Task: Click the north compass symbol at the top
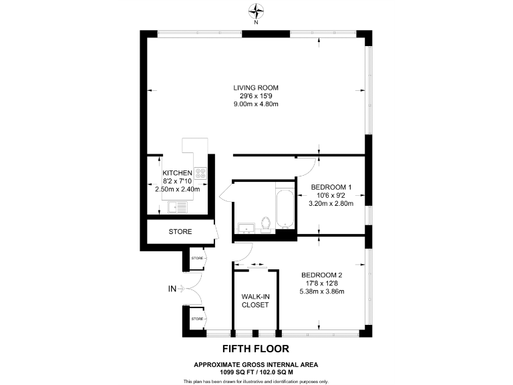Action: pos(256,11)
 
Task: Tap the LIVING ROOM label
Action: pos(256,88)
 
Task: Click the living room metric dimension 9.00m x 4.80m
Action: pos(256,104)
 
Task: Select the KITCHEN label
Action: pos(177,172)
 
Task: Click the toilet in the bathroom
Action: pos(265,223)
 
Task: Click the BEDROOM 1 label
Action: pos(332,186)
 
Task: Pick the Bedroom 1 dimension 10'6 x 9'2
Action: pos(332,195)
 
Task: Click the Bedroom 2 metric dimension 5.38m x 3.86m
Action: pos(321,292)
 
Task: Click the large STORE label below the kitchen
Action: pos(180,232)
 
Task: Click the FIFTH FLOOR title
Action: pos(256,349)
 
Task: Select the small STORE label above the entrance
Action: pos(197,257)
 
